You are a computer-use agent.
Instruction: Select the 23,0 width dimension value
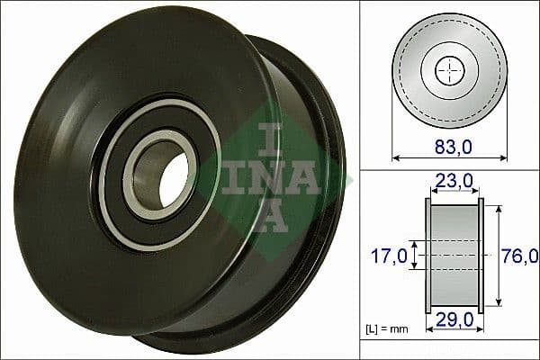click(x=455, y=181)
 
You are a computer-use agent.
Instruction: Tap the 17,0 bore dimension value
click(x=390, y=256)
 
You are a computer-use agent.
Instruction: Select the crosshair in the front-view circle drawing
click(x=447, y=69)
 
